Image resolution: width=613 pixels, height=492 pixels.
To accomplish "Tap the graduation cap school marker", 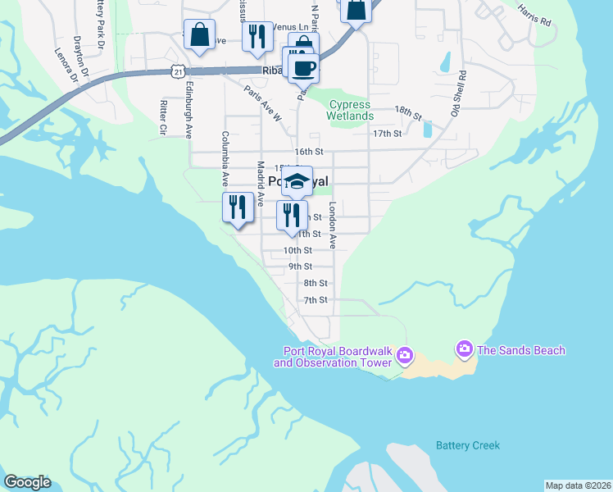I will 297,182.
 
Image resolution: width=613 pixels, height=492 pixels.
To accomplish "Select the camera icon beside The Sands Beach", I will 465,350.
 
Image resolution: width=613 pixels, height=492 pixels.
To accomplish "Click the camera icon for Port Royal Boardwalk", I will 404,356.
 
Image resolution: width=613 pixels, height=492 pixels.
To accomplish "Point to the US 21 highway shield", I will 178,72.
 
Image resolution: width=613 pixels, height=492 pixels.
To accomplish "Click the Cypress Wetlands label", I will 350,110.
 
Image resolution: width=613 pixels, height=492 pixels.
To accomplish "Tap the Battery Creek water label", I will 467,445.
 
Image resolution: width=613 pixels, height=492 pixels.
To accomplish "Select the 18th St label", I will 407,110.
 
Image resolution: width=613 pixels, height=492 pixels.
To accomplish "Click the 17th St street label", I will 387,133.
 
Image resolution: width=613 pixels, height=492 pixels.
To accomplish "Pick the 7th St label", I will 316,300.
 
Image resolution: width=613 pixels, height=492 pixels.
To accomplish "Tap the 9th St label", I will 300,266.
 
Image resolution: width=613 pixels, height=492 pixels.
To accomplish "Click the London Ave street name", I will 333,225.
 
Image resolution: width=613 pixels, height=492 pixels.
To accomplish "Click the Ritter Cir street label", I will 163,117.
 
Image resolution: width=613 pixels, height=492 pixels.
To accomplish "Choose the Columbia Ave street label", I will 224,157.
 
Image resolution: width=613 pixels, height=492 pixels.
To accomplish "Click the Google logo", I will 27,482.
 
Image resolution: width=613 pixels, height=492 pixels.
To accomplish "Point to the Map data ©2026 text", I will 578,485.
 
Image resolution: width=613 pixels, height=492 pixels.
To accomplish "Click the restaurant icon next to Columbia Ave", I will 238,206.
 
